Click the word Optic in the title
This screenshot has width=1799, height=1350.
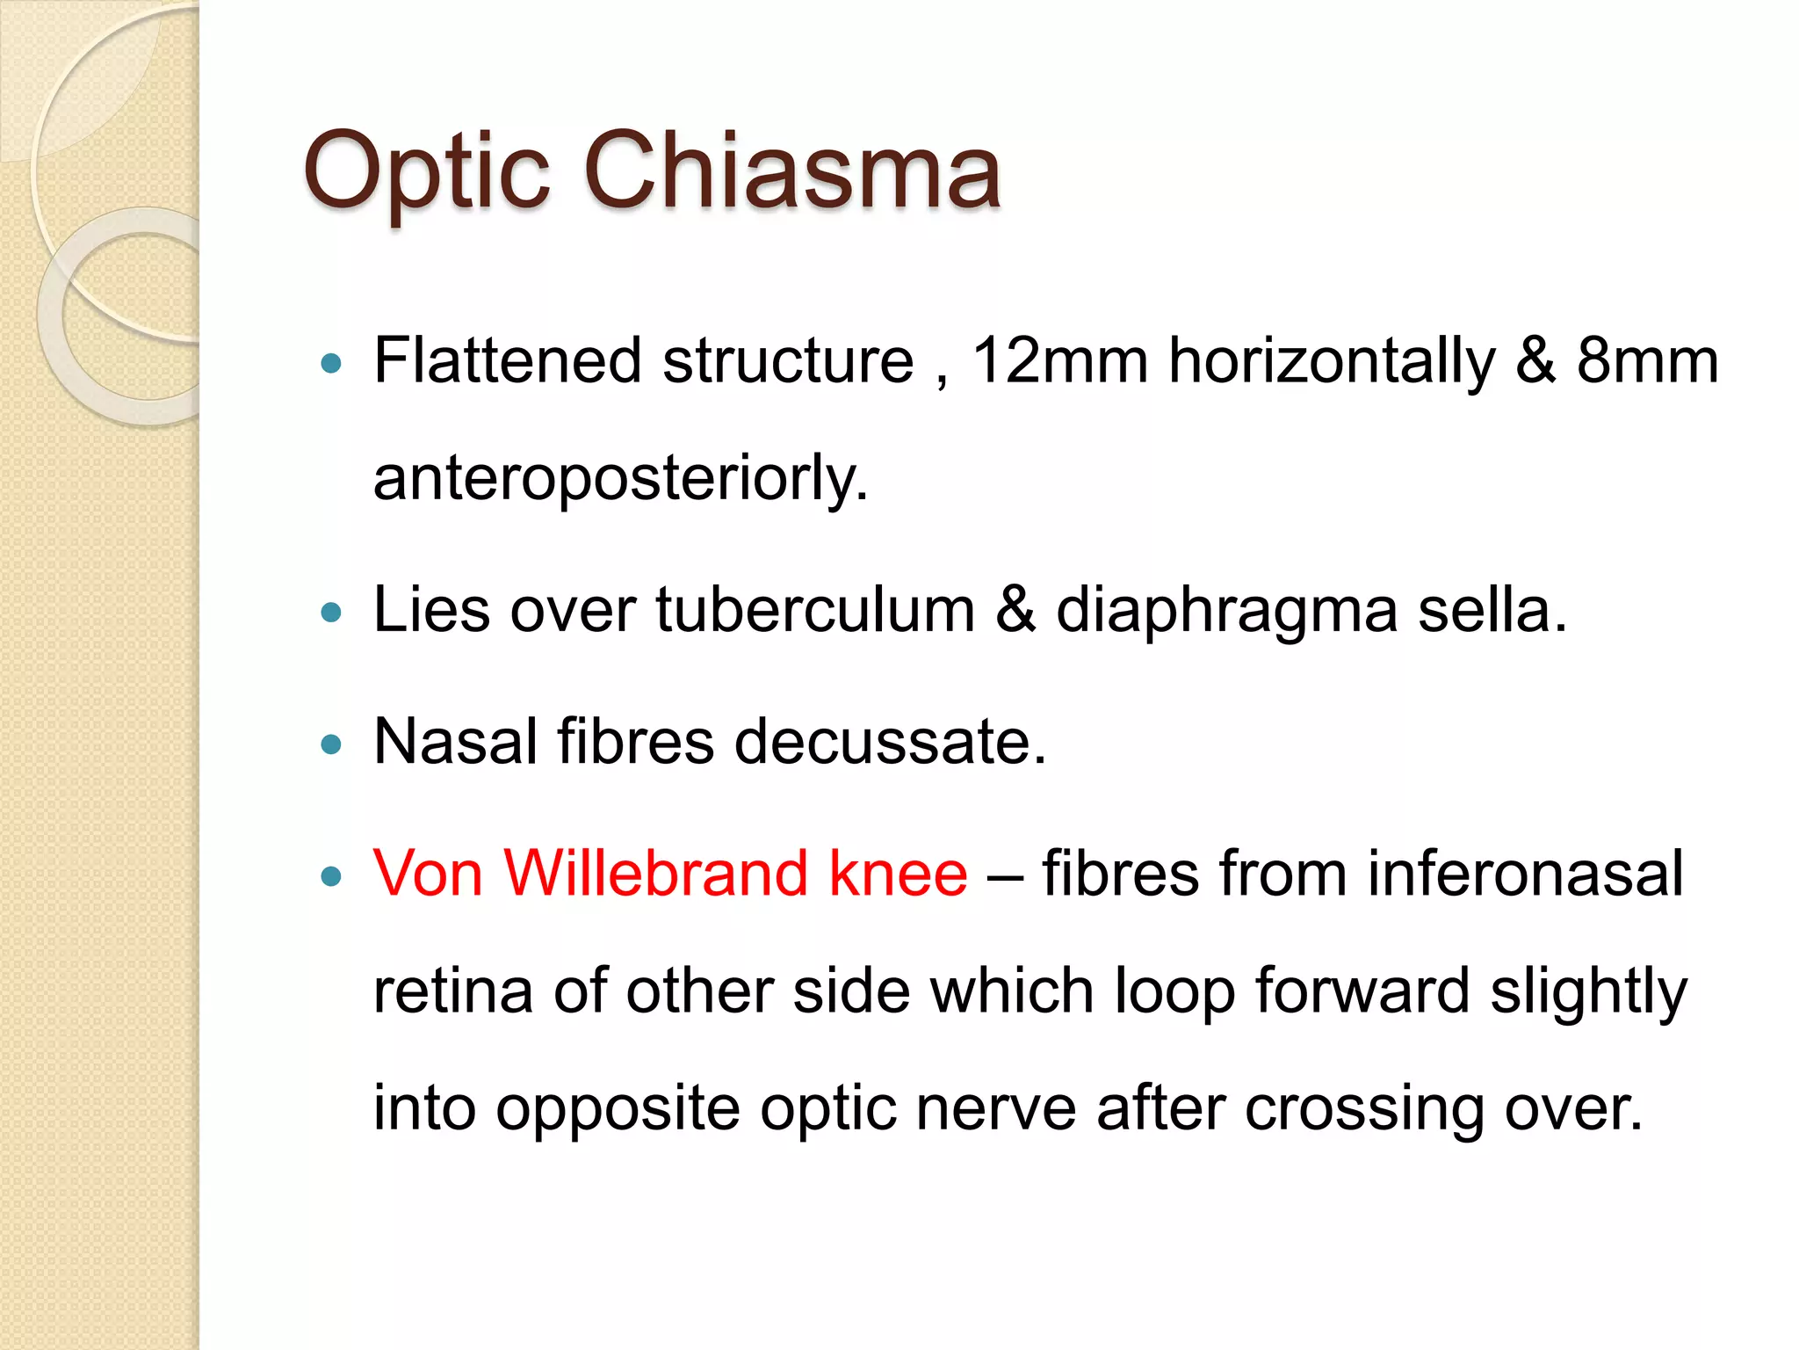(x=426, y=171)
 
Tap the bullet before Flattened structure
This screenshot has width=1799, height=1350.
(x=331, y=363)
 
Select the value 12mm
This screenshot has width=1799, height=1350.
(x=1059, y=361)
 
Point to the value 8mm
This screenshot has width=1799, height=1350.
(x=1647, y=361)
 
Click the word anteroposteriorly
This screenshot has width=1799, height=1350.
(x=620, y=479)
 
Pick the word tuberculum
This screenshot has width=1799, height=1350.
(x=815, y=610)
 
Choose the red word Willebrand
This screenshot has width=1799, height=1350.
(x=655, y=874)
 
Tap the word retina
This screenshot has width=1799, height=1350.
(x=452, y=991)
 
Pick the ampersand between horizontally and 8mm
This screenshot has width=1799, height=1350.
(x=1535, y=361)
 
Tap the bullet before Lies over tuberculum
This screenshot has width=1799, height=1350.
(x=331, y=613)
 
